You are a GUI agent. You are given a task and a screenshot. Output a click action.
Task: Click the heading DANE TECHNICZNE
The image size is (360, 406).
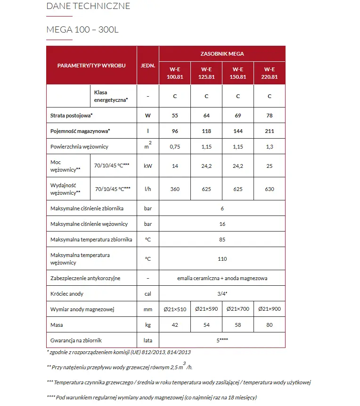[88, 7]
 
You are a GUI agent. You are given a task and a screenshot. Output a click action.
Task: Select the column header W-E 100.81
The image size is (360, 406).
[175, 73]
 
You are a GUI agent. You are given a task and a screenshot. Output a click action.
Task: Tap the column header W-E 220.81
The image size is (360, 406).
[270, 73]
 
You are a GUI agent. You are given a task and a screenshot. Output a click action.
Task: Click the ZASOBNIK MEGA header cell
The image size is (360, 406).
[222, 54]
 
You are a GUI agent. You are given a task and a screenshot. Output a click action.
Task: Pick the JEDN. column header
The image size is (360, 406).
[148, 66]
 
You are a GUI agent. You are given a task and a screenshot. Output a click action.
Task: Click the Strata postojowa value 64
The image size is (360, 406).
[206, 115]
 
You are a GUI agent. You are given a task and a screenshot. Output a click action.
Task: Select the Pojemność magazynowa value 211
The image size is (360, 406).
[270, 131]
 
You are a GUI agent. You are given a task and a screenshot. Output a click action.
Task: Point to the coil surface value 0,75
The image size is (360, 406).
[175, 147]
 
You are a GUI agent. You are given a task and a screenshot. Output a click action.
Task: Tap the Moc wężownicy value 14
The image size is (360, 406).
[175, 166]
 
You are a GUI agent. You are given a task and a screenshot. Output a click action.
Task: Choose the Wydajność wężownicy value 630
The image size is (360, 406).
[270, 189]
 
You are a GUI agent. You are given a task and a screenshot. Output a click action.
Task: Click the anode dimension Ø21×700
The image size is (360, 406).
[238, 309]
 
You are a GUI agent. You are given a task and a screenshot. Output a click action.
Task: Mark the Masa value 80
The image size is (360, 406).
[270, 325]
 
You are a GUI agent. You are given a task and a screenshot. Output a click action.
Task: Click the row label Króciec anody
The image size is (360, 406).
[67, 294]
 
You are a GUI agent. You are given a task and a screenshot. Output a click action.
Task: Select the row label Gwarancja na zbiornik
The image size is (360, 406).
[76, 340]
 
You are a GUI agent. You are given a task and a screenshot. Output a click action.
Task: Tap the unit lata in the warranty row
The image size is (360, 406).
[148, 340]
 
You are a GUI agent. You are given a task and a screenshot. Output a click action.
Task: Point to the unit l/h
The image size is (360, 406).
[148, 189]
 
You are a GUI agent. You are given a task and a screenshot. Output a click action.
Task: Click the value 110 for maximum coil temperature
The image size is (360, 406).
[222, 258]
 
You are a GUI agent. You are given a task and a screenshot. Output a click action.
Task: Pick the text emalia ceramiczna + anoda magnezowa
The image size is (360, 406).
[222, 278]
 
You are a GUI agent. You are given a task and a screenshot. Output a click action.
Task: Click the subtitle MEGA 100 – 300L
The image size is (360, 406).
[82, 30]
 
